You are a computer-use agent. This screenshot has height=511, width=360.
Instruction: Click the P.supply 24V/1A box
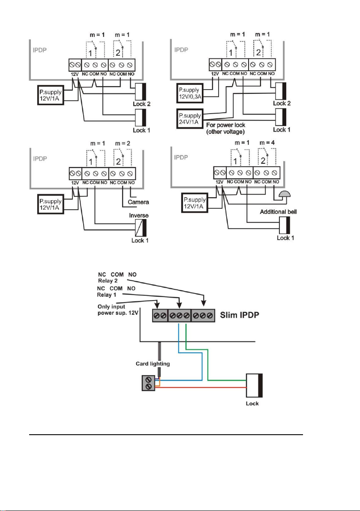190,119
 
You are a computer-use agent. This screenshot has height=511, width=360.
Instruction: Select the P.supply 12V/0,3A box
190,93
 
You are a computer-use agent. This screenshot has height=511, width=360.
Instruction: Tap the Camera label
138,202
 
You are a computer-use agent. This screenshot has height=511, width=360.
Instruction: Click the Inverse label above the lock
139,215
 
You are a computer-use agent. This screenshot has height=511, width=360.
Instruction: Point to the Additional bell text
278,212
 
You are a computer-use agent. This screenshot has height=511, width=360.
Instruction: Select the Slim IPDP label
240,315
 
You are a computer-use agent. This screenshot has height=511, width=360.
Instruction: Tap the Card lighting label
153,364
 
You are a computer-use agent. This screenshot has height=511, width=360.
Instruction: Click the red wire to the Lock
201,388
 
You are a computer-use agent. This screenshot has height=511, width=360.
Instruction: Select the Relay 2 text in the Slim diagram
108,281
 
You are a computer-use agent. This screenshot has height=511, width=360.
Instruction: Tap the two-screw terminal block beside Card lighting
149,383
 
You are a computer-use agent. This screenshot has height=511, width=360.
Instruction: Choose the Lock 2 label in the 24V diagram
282,103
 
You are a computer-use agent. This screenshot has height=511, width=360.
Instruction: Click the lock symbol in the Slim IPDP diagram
254,385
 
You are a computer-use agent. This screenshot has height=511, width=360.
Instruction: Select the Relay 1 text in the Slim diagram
107,295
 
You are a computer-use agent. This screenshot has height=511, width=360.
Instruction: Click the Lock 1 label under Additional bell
285,238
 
